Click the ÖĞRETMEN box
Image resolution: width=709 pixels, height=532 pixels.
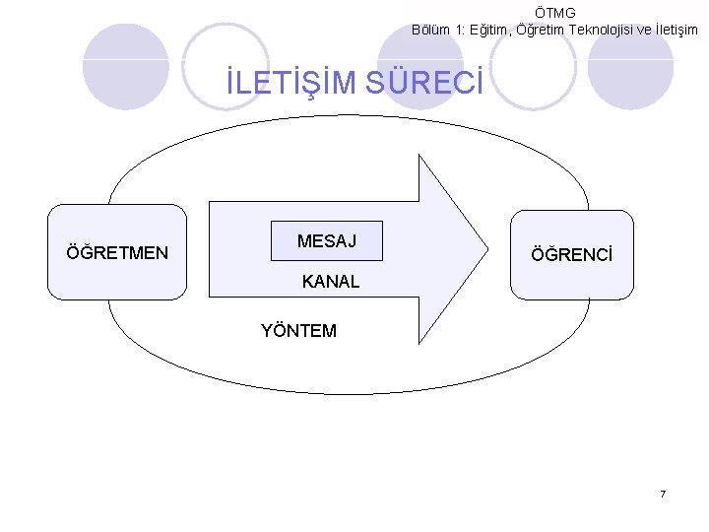117,251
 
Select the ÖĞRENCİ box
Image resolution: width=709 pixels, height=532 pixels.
572,254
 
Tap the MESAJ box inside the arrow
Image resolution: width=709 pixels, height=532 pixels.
327,241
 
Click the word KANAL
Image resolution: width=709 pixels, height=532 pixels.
331,282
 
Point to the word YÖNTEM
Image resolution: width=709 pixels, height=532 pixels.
298,331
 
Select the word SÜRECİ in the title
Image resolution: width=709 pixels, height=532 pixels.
423,85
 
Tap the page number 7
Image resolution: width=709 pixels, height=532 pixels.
663,494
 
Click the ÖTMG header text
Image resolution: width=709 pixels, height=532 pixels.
555,13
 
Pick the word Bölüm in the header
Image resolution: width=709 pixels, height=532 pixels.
433,30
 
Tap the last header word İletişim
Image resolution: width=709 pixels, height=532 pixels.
674,30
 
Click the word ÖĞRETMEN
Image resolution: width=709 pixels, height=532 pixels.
117,253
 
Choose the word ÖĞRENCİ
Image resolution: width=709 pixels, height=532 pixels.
571,255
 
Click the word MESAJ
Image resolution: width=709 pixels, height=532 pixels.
327,241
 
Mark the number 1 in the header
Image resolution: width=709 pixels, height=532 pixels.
459,30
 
